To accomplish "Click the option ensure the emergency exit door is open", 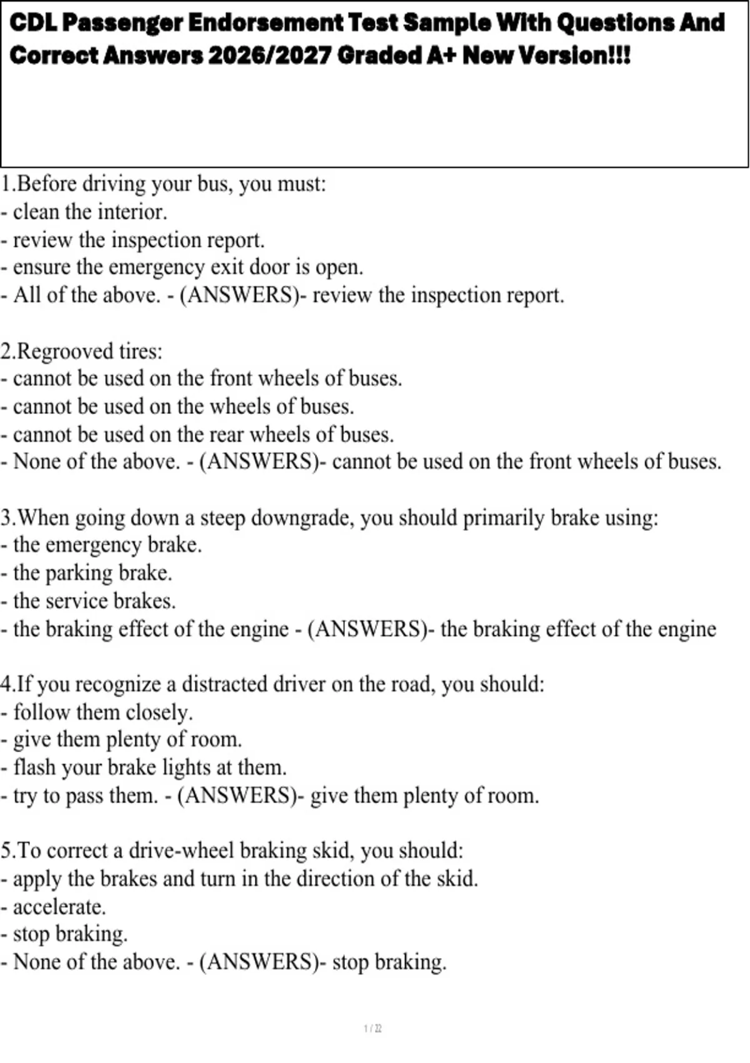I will pyautogui.click(x=187, y=268).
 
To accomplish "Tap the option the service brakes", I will pyautogui.click(x=94, y=601).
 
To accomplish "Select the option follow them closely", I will pyautogui.click(x=102, y=712).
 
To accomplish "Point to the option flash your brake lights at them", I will pyautogui.click(x=149, y=768).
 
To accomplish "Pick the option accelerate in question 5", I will pyautogui.click(x=59, y=907).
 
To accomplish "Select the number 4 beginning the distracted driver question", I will pyautogui.click(x=6, y=685).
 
